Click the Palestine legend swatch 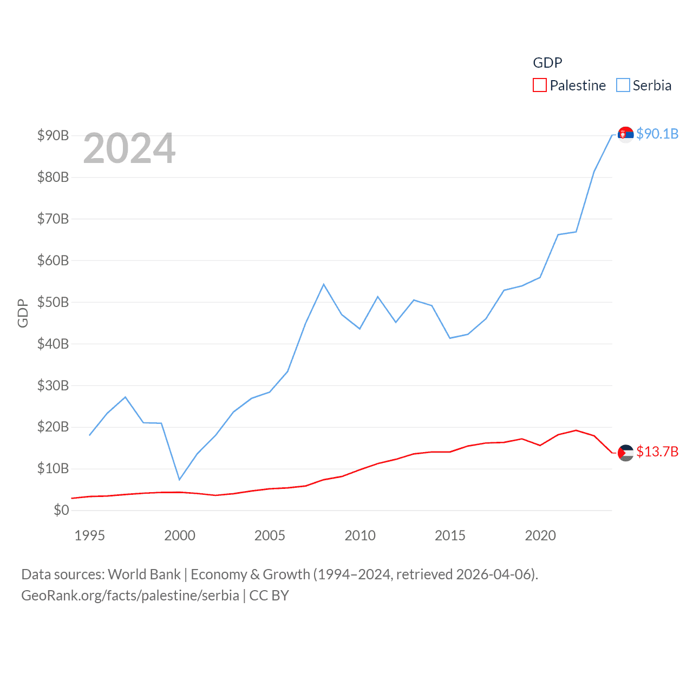tap(539, 86)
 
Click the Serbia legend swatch tap(623, 86)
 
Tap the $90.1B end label tap(657, 134)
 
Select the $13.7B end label tap(657, 452)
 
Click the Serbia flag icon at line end tap(626, 134)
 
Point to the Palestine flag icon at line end tap(626, 452)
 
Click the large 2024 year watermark tap(129, 148)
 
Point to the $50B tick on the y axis tap(53, 302)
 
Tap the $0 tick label tap(61, 510)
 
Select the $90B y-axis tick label tap(53, 135)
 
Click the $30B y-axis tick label tap(53, 385)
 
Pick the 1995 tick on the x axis tap(89, 535)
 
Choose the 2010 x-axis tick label tap(360, 535)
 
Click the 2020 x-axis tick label tap(540, 535)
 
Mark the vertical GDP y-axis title tap(23, 313)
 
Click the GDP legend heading tap(547, 63)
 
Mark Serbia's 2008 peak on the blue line tap(324, 284)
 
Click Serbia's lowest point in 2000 tap(179, 479)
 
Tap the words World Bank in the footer tap(145, 574)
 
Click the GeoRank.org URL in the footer tap(130, 596)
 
